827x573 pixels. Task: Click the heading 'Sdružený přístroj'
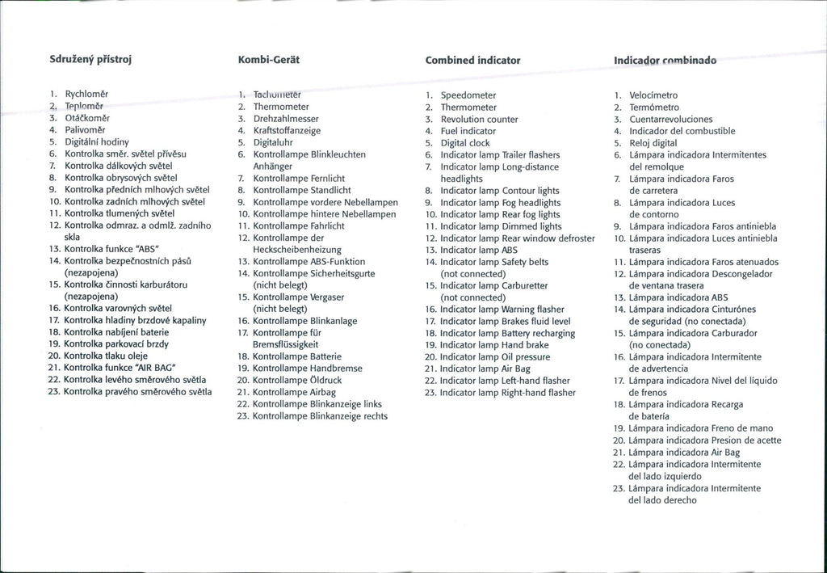(90, 61)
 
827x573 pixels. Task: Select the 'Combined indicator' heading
(472, 61)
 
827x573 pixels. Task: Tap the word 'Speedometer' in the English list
(468, 95)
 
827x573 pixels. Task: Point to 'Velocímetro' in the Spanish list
(653, 95)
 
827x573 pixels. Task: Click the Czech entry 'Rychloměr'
(87, 94)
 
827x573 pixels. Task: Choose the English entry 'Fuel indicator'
(468, 131)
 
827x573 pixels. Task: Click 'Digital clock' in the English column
(465, 143)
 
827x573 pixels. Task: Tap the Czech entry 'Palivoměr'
(85, 129)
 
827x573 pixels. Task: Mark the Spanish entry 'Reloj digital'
(653, 143)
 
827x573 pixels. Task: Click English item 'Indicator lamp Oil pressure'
(495, 357)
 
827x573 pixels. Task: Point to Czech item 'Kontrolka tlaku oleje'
(106, 356)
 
